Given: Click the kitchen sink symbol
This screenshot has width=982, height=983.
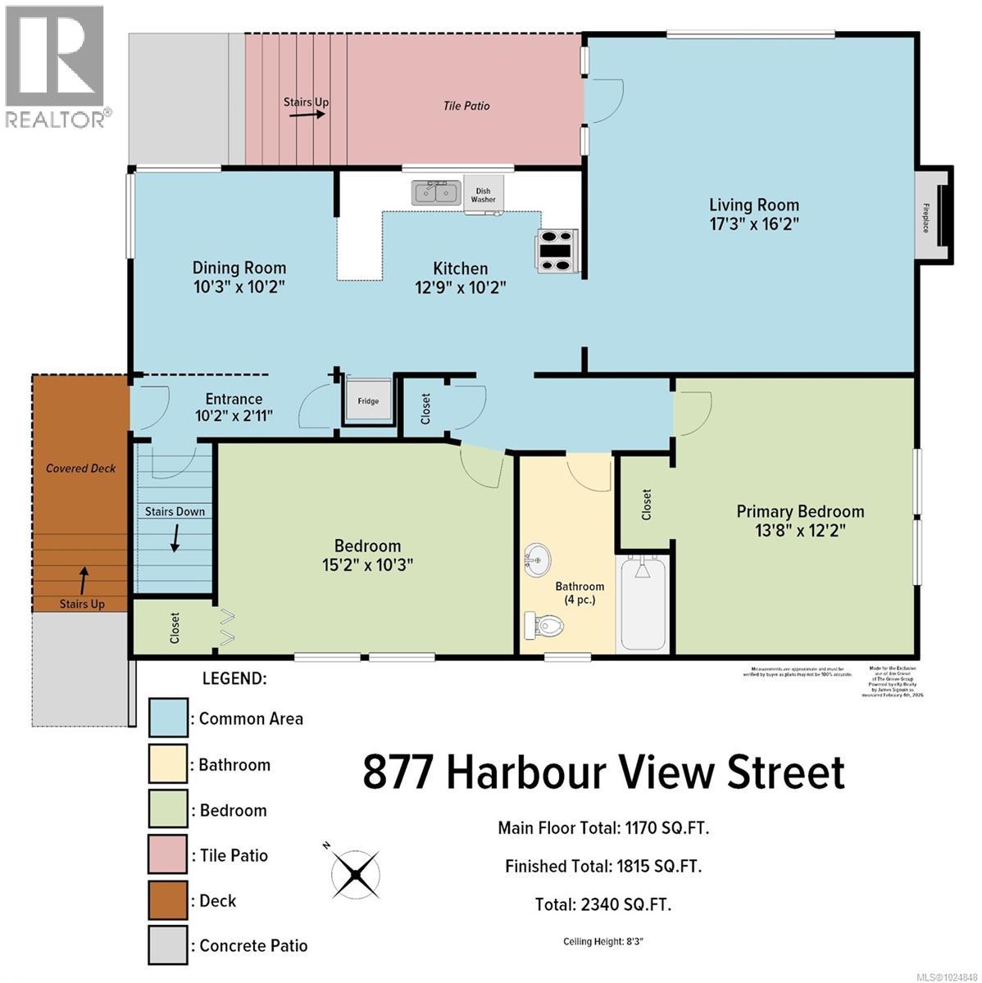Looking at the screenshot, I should [x=435, y=193].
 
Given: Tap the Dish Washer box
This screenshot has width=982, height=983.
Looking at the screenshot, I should [x=483, y=195].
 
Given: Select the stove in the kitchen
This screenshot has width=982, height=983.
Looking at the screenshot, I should [x=557, y=249].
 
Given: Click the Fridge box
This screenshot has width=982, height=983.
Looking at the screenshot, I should [x=368, y=400].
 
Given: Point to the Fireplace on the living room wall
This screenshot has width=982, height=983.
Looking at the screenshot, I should [x=933, y=217].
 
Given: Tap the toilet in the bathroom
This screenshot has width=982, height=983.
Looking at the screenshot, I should [x=543, y=627].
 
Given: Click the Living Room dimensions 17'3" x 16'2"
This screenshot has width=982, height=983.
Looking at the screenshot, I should [x=753, y=224].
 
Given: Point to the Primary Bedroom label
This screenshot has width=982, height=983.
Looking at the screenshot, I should [x=799, y=512].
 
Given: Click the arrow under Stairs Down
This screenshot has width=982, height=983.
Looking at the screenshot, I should [x=175, y=538].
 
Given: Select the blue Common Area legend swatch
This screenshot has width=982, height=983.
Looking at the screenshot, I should [x=169, y=718].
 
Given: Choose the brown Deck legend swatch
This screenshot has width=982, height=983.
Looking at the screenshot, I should [x=169, y=900].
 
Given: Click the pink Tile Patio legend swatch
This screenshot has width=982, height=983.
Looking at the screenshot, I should [x=169, y=855].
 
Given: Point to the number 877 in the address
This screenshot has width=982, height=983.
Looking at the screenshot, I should [x=398, y=772].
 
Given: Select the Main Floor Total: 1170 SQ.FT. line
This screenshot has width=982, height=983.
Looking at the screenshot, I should [x=603, y=827].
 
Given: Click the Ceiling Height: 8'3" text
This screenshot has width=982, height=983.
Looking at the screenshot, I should [x=603, y=941].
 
